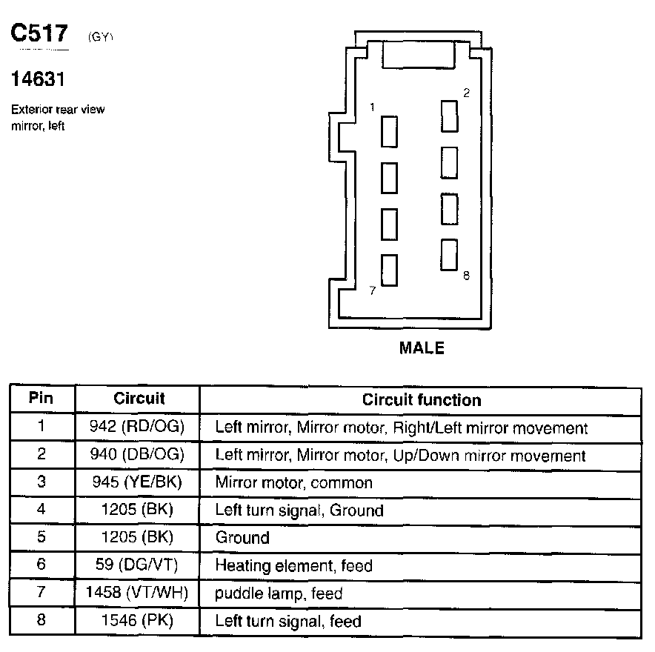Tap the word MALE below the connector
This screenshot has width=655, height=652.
(x=422, y=347)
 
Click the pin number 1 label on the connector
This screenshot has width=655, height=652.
(x=373, y=108)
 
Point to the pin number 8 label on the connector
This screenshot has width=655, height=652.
(x=466, y=276)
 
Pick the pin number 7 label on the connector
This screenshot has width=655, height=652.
(x=372, y=290)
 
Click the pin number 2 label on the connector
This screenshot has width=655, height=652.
(x=466, y=93)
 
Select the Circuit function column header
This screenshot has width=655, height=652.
(x=422, y=400)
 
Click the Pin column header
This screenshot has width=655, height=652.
(x=41, y=399)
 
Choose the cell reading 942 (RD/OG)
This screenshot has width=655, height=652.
(x=139, y=427)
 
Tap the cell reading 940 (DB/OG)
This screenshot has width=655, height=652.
(x=139, y=454)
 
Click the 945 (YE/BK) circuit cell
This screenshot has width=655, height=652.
(x=139, y=482)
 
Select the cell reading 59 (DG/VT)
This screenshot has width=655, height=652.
(x=139, y=565)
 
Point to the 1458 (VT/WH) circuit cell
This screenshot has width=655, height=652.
(x=139, y=593)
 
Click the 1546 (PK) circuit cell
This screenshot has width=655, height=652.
(x=139, y=620)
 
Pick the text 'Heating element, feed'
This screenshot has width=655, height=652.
(x=293, y=565)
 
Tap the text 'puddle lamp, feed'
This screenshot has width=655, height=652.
(x=279, y=593)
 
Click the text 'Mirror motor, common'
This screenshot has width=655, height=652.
(x=293, y=482)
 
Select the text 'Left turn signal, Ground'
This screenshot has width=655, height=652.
(x=299, y=510)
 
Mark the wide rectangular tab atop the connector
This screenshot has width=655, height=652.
(x=418, y=56)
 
